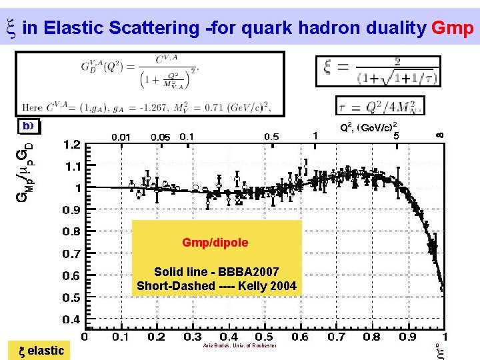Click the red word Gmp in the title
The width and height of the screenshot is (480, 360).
[453, 28]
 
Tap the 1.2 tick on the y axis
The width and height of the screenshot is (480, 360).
[71, 144]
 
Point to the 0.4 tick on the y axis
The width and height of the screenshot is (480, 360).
[71, 320]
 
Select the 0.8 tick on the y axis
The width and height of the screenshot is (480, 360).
[71, 232]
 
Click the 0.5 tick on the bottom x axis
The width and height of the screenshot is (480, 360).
[264, 337]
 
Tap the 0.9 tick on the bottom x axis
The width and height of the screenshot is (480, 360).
[408, 337]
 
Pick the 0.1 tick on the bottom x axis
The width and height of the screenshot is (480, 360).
[120, 337]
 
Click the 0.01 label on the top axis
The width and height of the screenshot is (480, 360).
[121, 137]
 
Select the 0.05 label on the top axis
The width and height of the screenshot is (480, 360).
[160, 137]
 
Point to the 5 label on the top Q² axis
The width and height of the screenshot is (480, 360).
[396, 135]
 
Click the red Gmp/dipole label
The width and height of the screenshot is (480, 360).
[215, 243]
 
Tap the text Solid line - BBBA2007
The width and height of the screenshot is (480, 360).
[216, 272]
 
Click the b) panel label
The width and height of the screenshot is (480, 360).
[29, 125]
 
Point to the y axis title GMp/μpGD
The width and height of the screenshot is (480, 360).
[25, 167]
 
